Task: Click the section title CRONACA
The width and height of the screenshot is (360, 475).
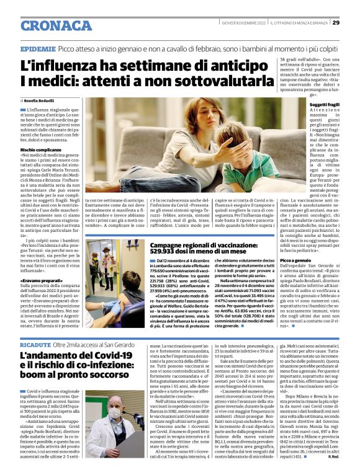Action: [56, 25]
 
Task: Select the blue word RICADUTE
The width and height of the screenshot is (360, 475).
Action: [35, 343]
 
